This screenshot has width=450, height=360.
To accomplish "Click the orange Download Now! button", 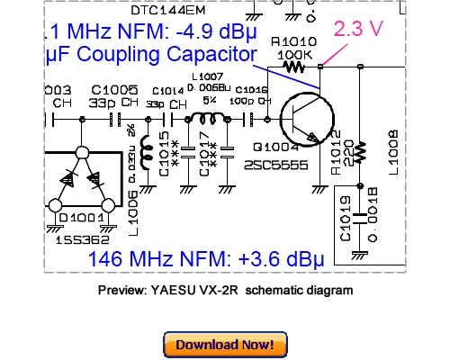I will click(225, 344).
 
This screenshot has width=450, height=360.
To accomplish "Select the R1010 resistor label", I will click(293, 40).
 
